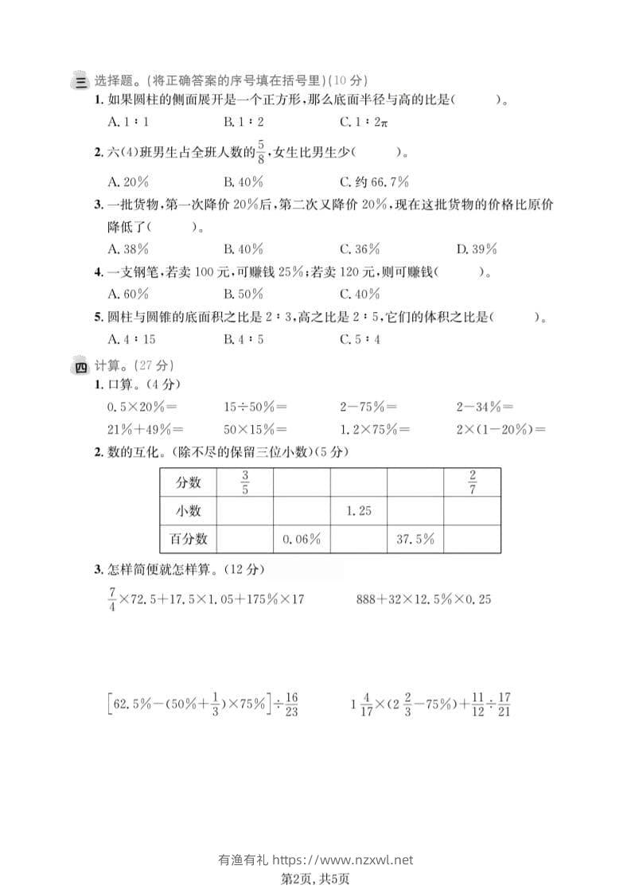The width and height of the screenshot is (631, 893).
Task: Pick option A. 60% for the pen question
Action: point(129,294)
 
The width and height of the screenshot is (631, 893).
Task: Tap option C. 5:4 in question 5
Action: point(360,339)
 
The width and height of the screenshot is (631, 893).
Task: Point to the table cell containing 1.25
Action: point(359,511)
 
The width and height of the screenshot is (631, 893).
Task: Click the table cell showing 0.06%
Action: point(302,539)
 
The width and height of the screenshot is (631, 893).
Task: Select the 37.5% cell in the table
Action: point(415,539)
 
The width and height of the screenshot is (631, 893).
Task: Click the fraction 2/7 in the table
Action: point(472,482)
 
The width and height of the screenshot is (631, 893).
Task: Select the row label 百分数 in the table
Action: point(189,539)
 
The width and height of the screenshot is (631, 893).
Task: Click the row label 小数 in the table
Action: point(189,511)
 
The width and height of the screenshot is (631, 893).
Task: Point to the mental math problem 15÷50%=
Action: point(255,407)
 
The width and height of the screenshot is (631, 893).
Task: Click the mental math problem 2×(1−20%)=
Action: point(501,430)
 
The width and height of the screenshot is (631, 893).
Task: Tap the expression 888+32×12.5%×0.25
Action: point(423,599)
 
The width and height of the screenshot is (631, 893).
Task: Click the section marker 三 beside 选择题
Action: point(80,80)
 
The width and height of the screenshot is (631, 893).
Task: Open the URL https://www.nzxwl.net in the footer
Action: point(343,860)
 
